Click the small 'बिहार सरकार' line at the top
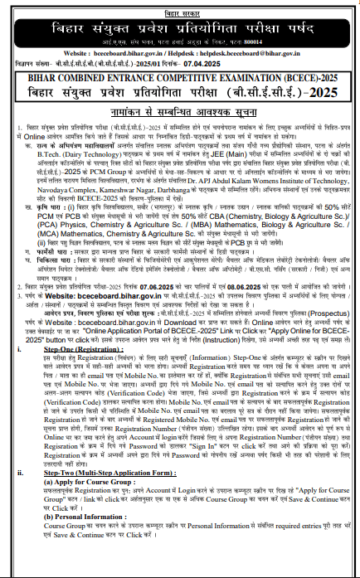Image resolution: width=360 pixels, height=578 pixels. tap(180, 5)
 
